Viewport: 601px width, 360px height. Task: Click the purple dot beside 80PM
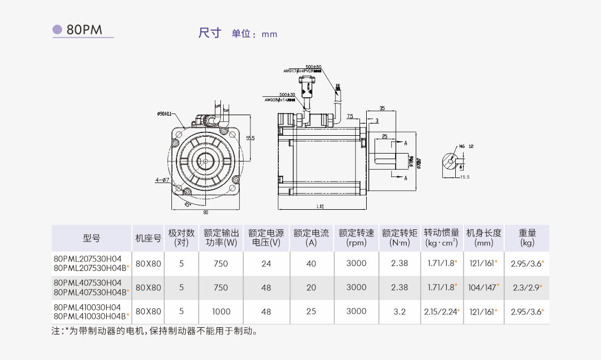coord(57,29)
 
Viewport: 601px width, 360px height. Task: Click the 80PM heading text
coord(85,30)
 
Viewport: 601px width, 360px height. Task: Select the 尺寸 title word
coord(210,33)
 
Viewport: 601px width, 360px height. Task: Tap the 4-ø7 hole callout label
coord(162,180)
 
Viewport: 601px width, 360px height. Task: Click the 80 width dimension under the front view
coord(205,212)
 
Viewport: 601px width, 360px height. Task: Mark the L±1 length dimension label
coord(321,206)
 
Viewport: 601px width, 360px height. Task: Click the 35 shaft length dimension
coord(382,108)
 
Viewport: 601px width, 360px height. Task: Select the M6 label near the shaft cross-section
coord(461,147)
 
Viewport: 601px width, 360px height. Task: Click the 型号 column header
coord(92,238)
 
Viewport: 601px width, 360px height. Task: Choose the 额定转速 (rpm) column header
coord(356,238)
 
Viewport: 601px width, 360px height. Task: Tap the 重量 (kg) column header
coord(527,238)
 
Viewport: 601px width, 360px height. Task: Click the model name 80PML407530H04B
coord(90,292)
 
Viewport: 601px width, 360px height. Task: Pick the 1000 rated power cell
coord(221,312)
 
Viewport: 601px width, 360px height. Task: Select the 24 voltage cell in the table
coord(266,264)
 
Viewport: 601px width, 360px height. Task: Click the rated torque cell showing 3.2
coord(400,312)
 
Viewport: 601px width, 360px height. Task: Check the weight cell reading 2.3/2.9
coord(526,288)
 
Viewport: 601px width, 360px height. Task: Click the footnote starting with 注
coord(154,331)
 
